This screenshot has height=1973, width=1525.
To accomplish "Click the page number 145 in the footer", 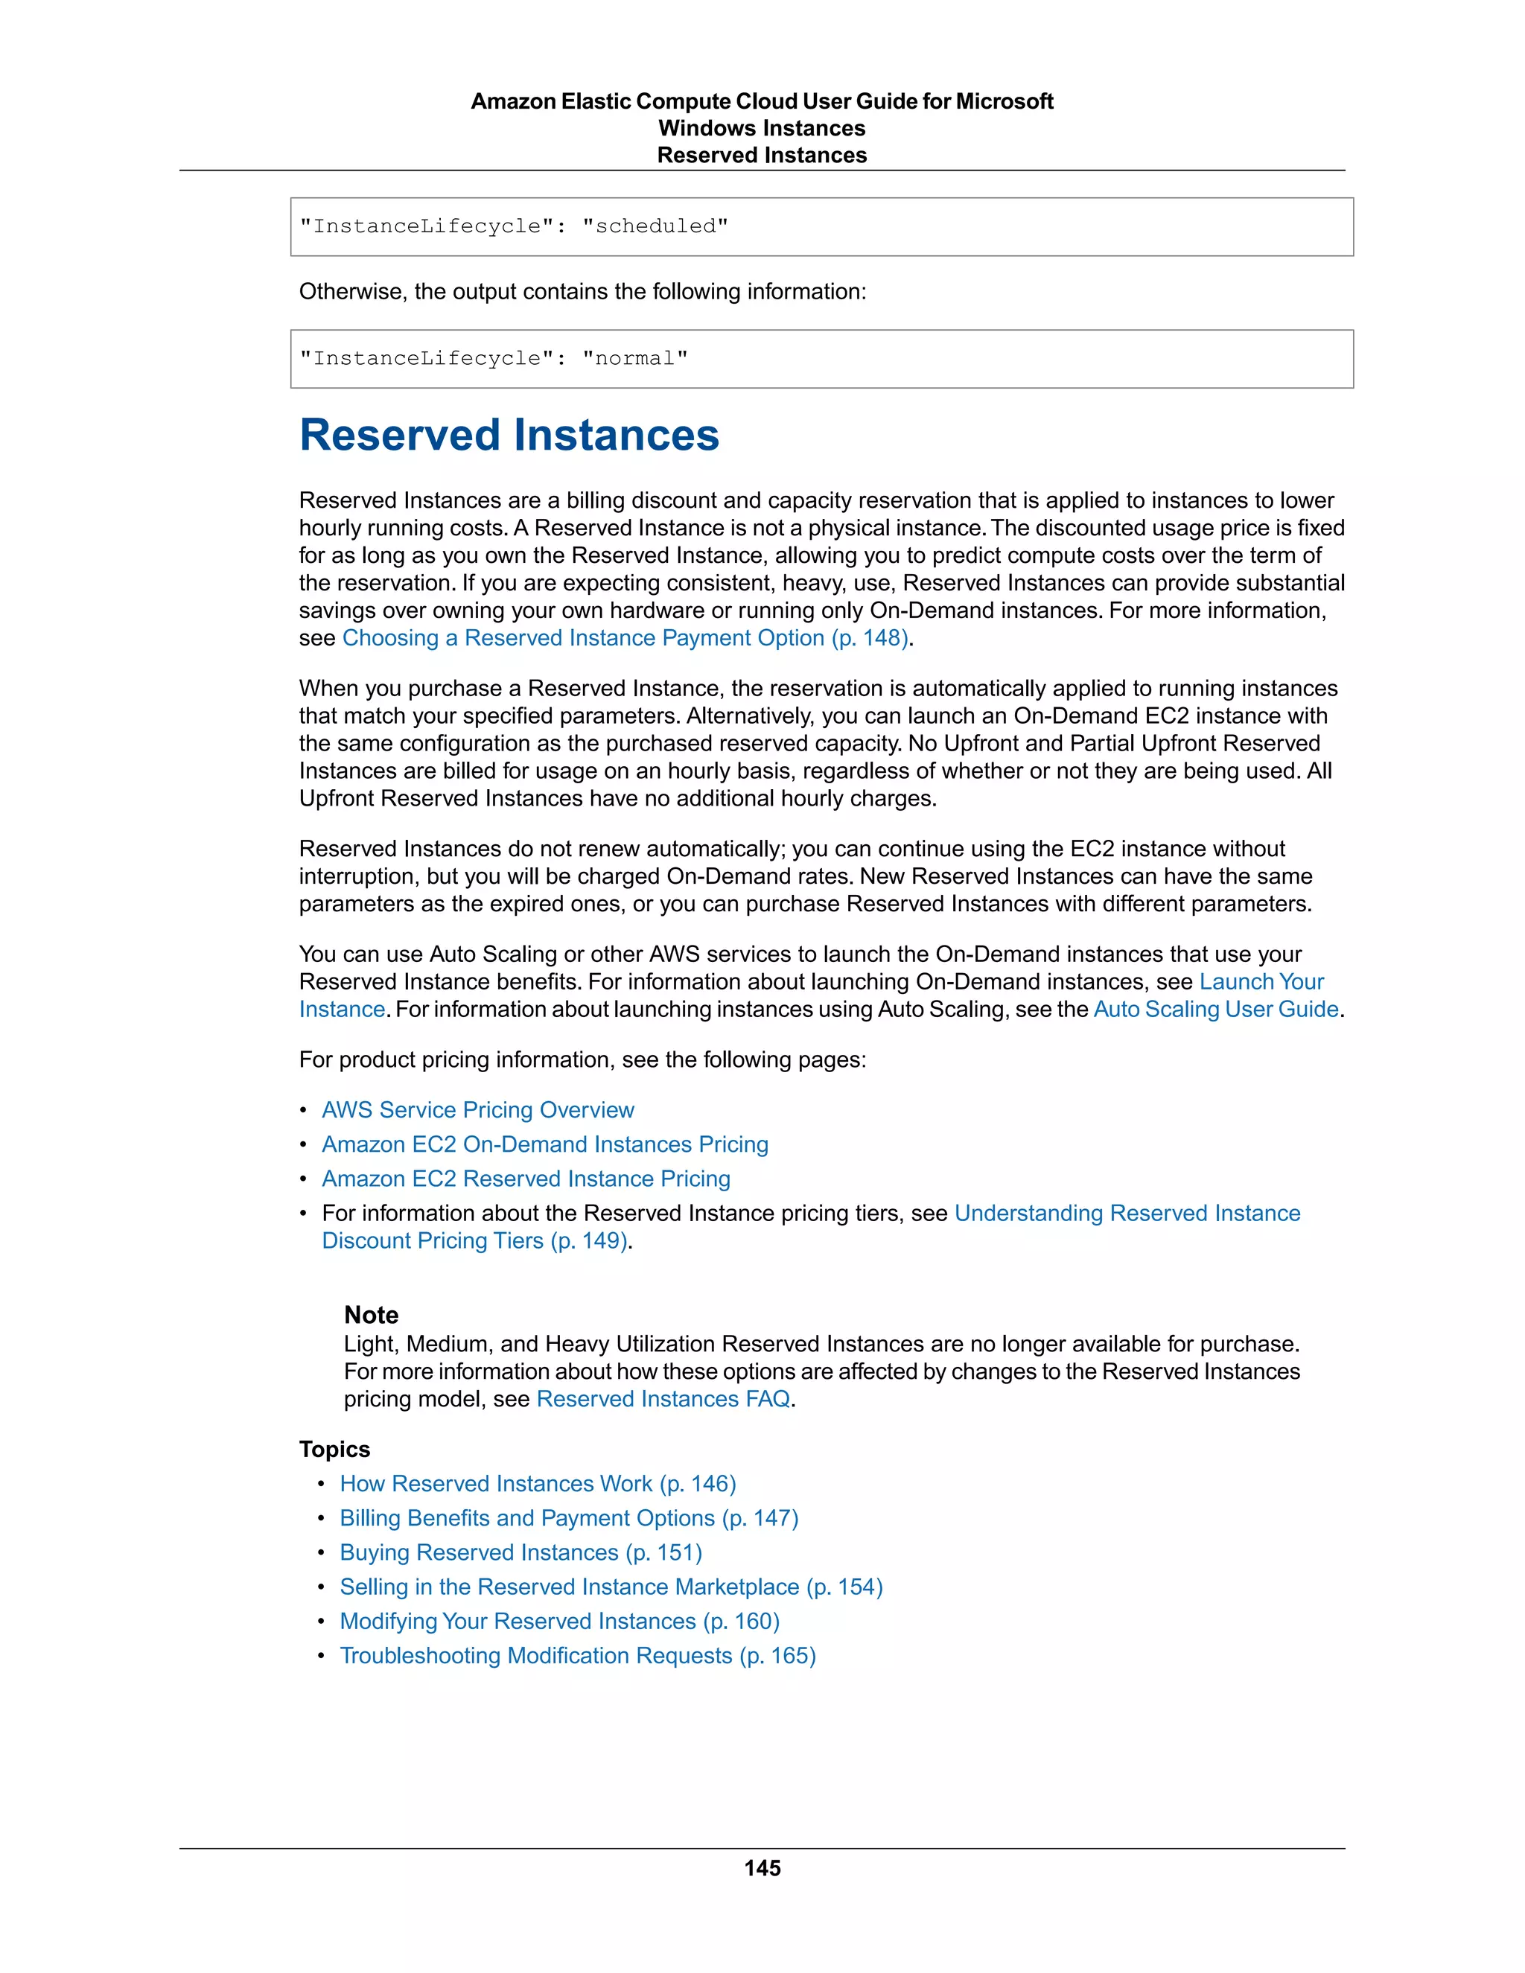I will [762, 1868].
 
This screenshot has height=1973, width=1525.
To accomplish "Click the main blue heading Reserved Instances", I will [509, 436].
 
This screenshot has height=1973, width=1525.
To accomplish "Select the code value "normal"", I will [634, 359].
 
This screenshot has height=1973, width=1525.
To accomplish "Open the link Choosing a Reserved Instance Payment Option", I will [624, 638].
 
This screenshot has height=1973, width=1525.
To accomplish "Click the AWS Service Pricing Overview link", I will [478, 1109].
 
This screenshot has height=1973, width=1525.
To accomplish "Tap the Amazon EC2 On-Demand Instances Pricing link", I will [545, 1144].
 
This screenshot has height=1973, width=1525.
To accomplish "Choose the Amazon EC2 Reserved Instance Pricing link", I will [526, 1178].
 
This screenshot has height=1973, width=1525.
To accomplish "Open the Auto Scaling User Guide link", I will [1215, 1009].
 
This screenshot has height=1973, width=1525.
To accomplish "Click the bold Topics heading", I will [334, 1449].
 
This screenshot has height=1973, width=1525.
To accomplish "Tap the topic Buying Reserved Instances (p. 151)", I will [520, 1552].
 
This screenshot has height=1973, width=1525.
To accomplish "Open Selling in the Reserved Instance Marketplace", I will [611, 1587].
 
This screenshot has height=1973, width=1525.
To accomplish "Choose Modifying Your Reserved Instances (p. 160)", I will [559, 1621].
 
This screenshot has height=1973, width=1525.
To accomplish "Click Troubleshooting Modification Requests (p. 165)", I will [577, 1655].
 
